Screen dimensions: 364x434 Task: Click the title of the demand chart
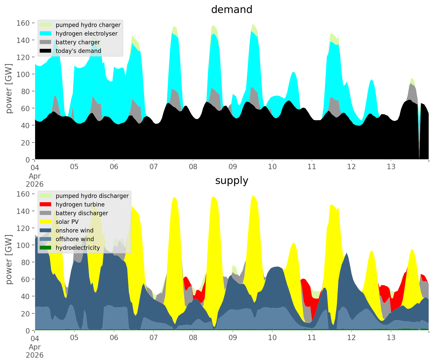click(x=232, y=10)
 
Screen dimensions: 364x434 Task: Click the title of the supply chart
click(x=232, y=181)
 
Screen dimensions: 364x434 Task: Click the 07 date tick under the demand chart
click(x=153, y=167)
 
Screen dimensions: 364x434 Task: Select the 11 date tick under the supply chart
click(x=312, y=338)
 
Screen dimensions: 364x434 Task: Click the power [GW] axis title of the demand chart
click(x=9, y=89)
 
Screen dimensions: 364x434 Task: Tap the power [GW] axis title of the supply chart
click(x=9, y=259)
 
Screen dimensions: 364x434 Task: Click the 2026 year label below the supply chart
click(x=35, y=355)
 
